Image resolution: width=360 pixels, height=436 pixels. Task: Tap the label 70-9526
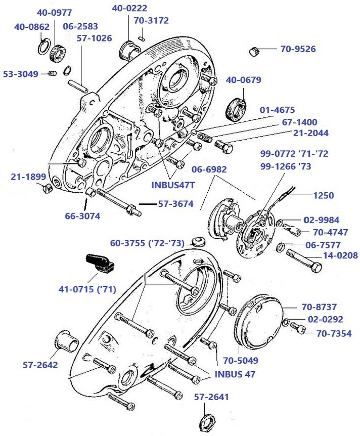(x=298, y=49)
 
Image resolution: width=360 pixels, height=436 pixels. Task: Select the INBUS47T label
(x=173, y=185)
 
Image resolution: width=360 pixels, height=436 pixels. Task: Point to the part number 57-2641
(x=211, y=397)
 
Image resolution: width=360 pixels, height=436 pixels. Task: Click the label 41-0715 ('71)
(x=87, y=289)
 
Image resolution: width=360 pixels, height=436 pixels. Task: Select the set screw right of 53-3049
(x=52, y=75)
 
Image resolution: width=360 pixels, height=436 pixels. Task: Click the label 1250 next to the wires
(x=324, y=195)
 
